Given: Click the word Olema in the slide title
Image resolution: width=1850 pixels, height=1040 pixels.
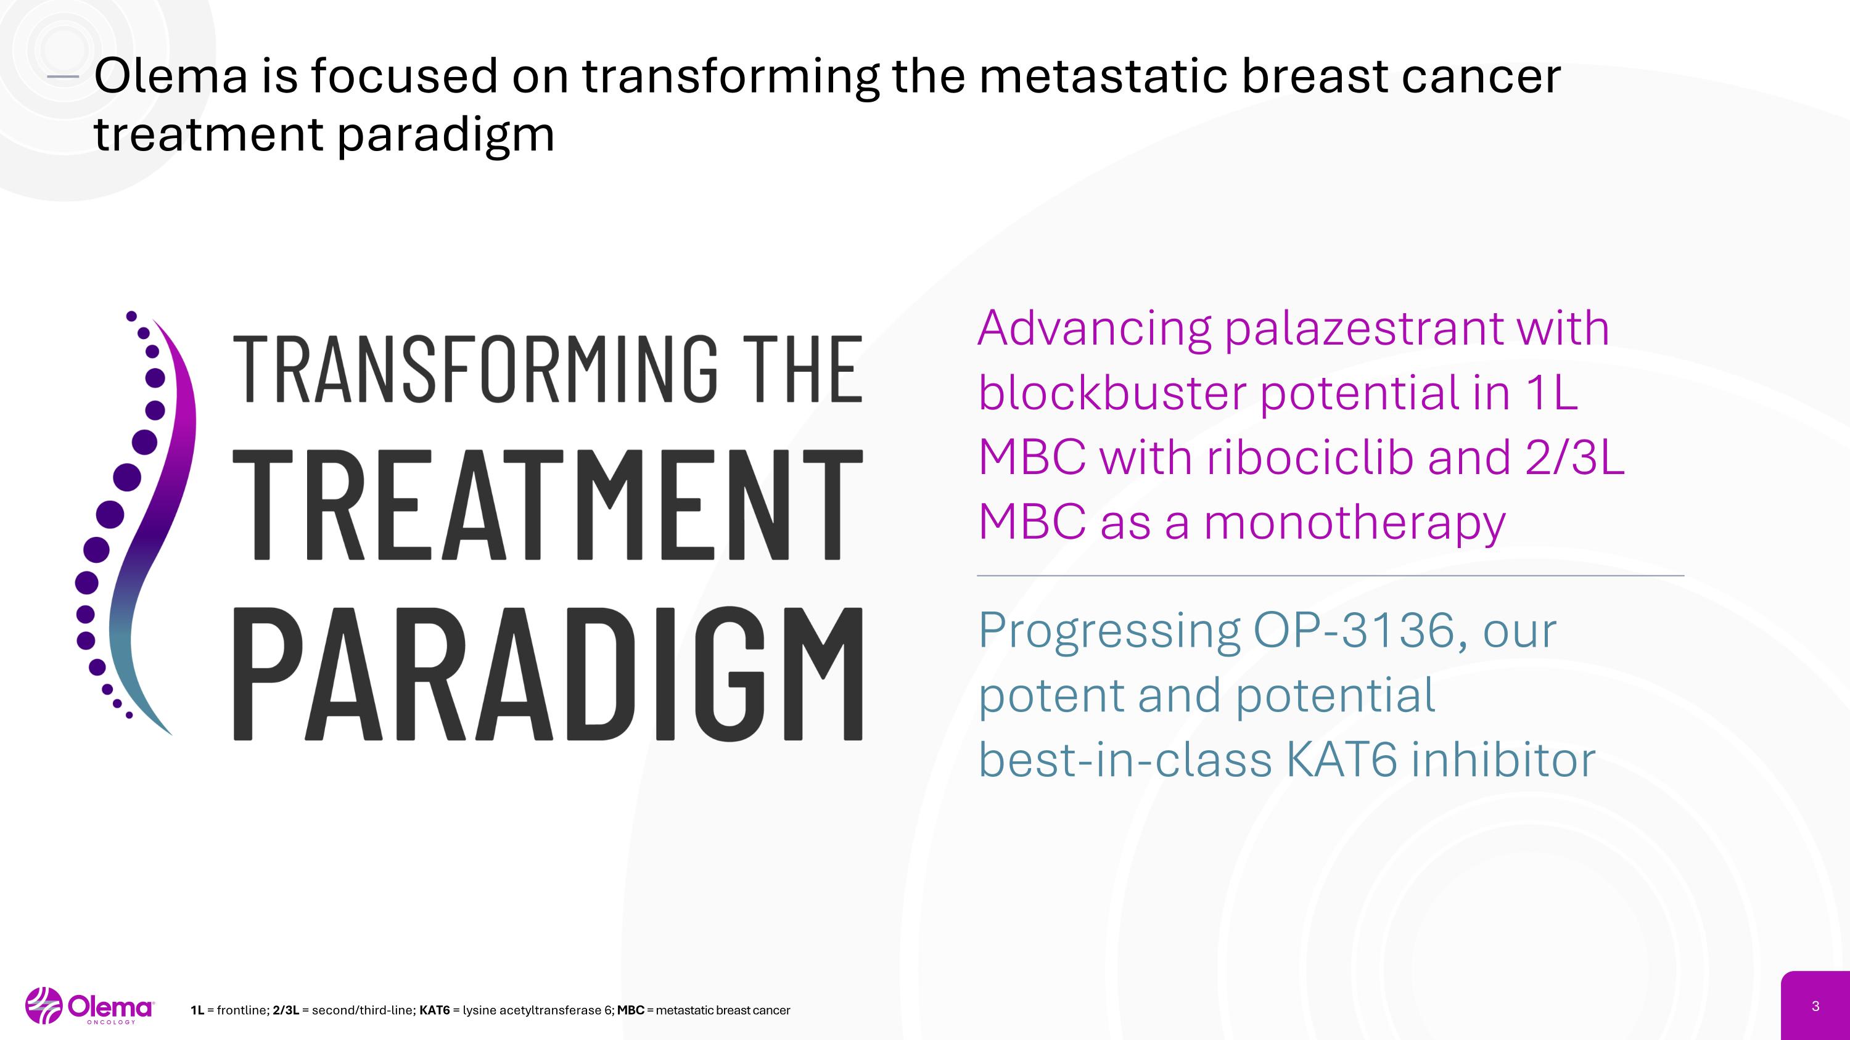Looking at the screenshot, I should (x=170, y=76).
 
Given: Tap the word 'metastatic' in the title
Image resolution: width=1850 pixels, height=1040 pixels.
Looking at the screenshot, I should (x=1103, y=76).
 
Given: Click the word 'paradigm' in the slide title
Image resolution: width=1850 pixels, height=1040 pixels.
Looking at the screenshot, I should (x=445, y=135).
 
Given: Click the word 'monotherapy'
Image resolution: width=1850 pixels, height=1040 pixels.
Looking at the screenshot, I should (x=1354, y=523).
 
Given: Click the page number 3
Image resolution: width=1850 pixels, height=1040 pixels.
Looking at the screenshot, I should (x=1815, y=1006).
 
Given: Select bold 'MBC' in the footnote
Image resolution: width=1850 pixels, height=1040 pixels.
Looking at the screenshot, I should (x=630, y=1010).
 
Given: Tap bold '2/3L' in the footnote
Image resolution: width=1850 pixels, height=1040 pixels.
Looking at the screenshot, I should (x=286, y=1010).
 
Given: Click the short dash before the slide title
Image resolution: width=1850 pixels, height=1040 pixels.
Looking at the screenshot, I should (x=62, y=77).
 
